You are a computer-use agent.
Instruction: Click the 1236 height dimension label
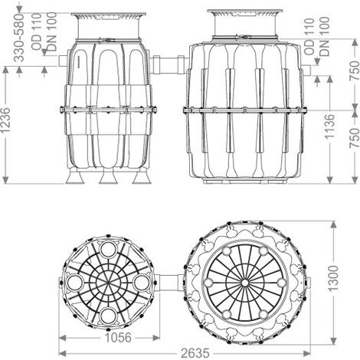point(5,120)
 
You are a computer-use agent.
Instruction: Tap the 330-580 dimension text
point(18,38)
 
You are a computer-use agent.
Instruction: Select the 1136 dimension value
point(329,126)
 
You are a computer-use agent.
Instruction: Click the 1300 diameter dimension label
point(332,279)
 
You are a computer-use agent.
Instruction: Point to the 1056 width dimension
point(118,338)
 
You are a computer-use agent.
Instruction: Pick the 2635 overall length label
point(195,353)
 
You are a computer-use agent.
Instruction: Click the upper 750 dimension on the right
point(354,70)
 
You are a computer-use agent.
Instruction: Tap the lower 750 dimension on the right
point(354,138)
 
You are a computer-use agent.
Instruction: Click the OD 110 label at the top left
point(37,31)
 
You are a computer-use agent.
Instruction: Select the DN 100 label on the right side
point(325,36)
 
